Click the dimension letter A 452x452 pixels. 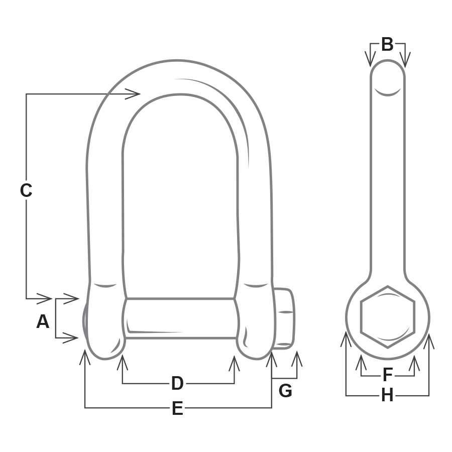(x=43, y=321)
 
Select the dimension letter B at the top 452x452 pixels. (x=387, y=45)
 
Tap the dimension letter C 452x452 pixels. (x=26, y=191)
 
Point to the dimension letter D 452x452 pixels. (x=177, y=384)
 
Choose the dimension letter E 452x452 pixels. (x=177, y=409)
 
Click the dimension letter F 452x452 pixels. (x=387, y=375)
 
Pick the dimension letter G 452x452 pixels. (x=285, y=391)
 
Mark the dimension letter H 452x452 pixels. (x=387, y=396)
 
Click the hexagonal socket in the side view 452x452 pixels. (x=388, y=317)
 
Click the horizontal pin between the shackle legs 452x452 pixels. (x=180, y=318)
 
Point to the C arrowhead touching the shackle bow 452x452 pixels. (x=134, y=93)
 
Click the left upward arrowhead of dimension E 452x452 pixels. (x=85, y=357)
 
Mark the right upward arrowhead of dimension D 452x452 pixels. (x=234, y=362)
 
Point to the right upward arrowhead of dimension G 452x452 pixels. (x=297, y=358)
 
